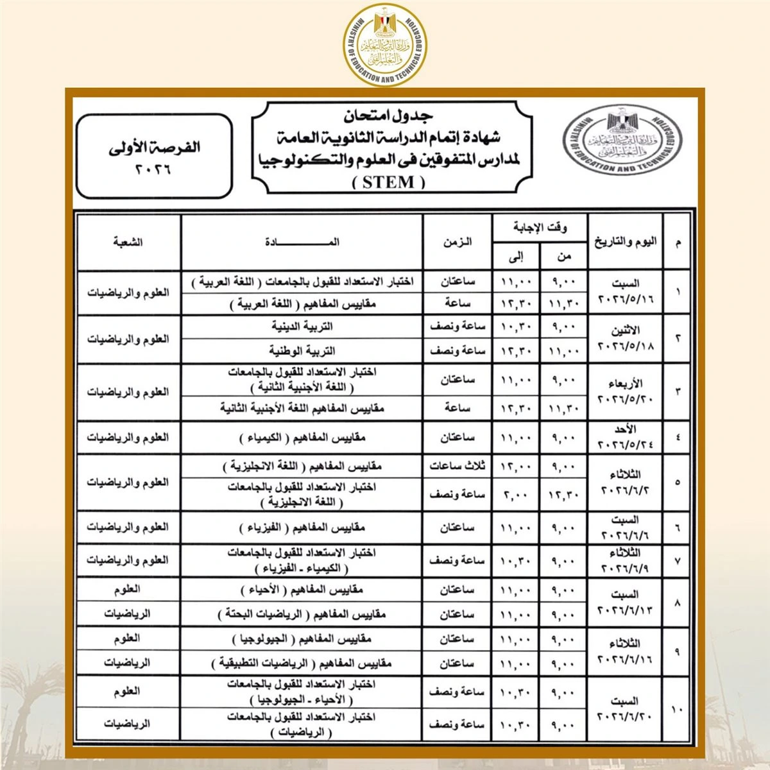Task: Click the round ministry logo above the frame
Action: (x=384, y=44)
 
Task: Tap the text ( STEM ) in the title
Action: (x=389, y=182)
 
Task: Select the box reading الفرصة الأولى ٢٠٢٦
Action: (x=154, y=156)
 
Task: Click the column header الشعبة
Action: (x=128, y=242)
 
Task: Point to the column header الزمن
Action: (x=457, y=242)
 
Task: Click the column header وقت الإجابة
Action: (x=540, y=228)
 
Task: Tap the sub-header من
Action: (x=564, y=257)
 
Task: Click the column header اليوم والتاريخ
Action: (x=626, y=242)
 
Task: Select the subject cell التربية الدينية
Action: (x=302, y=326)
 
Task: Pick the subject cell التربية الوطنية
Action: (x=302, y=351)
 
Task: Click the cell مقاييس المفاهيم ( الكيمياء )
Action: (x=302, y=438)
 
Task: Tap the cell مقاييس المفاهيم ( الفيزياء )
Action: (x=302, y=527)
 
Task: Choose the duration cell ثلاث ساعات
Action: (x=457, y=466)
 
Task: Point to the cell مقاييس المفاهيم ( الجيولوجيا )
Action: (x=302, y=639)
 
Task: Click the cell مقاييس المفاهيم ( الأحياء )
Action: (x=302, y=590)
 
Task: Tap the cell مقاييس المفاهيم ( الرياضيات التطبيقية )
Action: (x=302, y=663)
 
